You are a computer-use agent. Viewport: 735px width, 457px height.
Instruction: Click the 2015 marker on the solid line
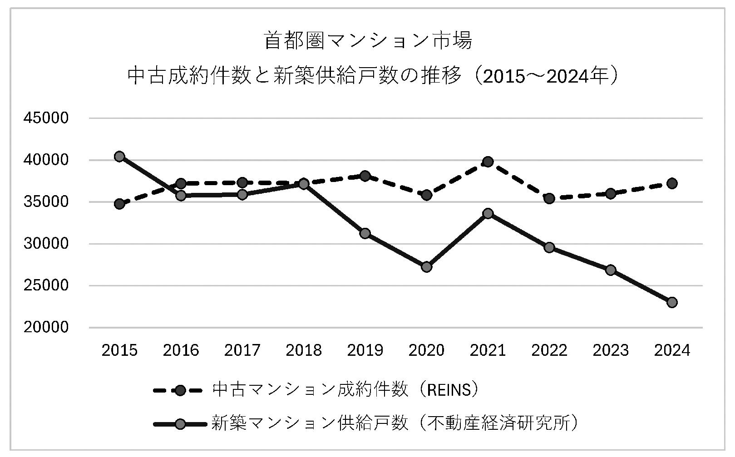pos(119,157)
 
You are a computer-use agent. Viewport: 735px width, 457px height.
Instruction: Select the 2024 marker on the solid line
pos(672,302)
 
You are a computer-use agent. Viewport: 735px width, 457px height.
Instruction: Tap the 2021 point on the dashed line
pos(488,162)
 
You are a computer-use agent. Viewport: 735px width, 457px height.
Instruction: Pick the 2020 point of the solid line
pos(426,266)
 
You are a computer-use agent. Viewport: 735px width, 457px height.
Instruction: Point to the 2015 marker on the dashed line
pos(119,204)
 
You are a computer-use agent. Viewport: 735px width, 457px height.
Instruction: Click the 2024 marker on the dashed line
pos(672,183)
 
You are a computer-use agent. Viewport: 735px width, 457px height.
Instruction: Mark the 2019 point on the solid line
pos(365,233)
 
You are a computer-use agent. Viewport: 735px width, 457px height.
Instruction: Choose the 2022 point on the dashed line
pos(549,198)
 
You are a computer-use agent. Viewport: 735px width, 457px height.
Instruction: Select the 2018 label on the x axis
pos(304,350)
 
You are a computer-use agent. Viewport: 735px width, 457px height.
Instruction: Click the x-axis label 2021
pos(488,350)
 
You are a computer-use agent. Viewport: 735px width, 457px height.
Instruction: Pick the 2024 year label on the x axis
pos(672,350)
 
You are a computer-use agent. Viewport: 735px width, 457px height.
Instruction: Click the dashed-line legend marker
pos(180,391)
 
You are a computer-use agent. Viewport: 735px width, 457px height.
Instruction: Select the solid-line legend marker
pos(180,424)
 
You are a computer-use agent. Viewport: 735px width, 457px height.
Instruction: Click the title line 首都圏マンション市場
pos(368,41)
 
